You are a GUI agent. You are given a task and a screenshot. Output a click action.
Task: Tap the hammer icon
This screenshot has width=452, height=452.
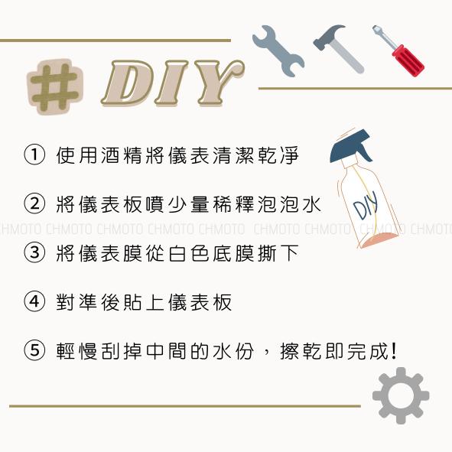pyautogui.click(x=337, y=47)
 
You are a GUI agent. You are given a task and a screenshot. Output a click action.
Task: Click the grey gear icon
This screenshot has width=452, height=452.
pyautogui.click(x=400, y=395)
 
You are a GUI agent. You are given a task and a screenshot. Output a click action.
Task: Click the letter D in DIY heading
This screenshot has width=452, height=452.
pyautogui.click(x=129, y=83)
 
